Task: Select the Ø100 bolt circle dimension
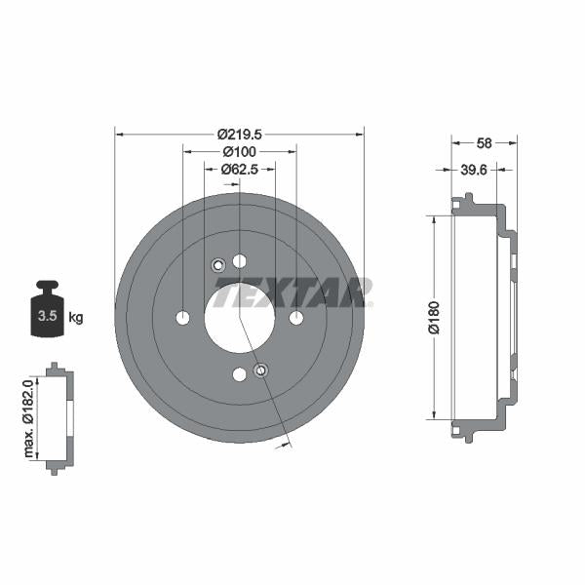[x=239, y=152]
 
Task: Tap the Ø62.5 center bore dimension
[x=239, y=169]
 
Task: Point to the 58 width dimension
[x=484, y=143]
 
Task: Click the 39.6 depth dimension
[x=474, y=170]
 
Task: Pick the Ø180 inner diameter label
[x=436, y=318]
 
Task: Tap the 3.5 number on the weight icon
[x=46, y=316]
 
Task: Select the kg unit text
[x=76, y=317]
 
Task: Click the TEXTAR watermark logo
[x=292, y=292]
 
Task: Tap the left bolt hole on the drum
[x=182, y=318]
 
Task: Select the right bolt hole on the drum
[x=296, y=318]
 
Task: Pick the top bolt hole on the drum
[x=240, y=260]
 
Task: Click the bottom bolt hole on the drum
[x=240, y=374]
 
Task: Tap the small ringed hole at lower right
[x=260, y=370]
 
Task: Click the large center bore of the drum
[x=240, y=317]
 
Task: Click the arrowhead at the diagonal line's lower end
[x=289, y=444]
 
